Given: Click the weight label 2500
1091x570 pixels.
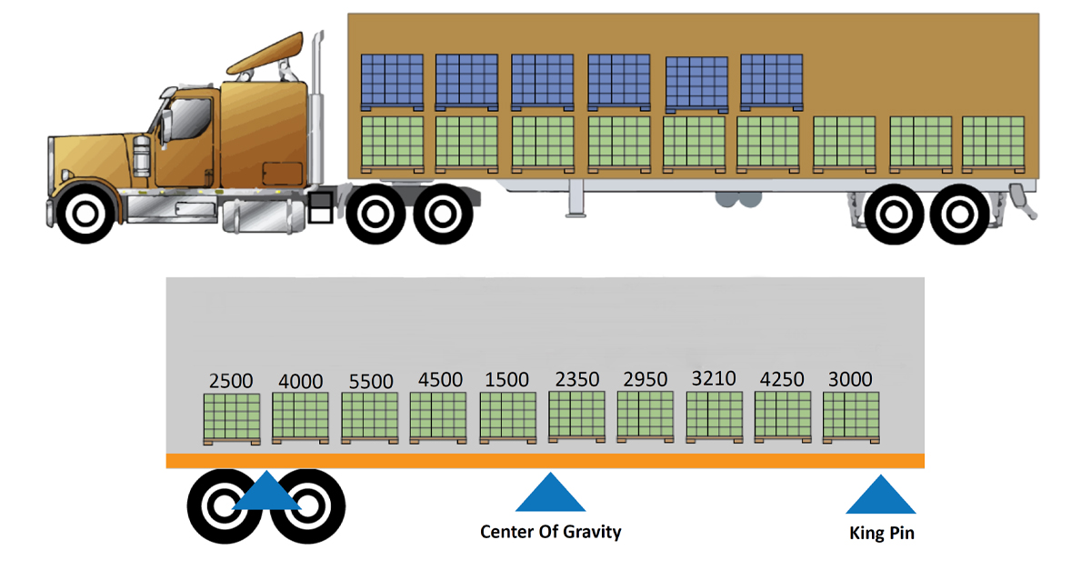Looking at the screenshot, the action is (x=231, y=382).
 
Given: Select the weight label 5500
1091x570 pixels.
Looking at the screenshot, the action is (x=370, y=382).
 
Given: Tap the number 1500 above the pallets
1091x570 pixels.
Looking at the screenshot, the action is (x=507, y=380).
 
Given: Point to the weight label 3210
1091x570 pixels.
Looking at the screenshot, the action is (x=714, y=377).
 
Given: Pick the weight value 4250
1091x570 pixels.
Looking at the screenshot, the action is (x=782, y=380).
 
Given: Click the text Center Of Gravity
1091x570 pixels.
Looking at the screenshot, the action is (x=551, y=532).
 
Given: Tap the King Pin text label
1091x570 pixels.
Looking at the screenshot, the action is (x=881, y=534).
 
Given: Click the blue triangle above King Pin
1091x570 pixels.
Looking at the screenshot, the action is (x=881, y=495).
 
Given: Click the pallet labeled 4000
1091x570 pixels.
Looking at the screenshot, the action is (x=300, y=418).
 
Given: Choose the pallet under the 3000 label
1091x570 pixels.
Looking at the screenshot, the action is (x=851, y=418).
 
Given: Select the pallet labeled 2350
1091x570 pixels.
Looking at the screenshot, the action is (x=576, y=418).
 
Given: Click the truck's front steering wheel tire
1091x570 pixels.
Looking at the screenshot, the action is (x=85, y=213).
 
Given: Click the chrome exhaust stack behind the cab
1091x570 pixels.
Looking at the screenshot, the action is (x=316, y=109).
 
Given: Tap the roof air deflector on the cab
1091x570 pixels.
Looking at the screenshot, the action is (x=265, y=56).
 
